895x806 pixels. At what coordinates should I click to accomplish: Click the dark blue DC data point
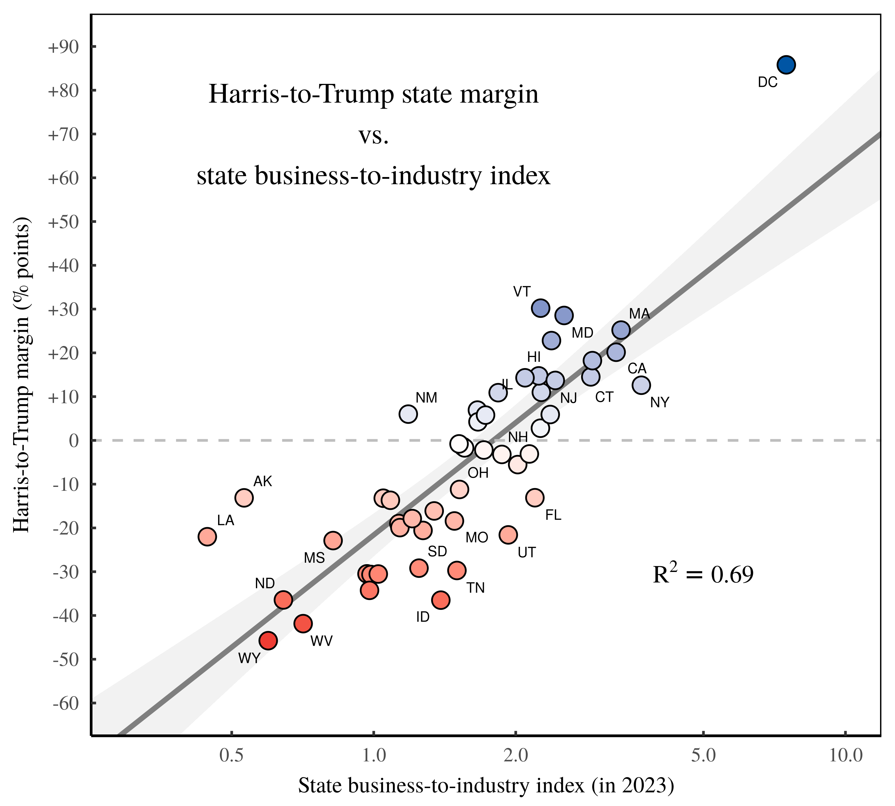pyautogui.click(x=786, y=65)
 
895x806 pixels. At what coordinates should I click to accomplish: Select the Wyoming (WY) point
pyautogui.click(x=268, y=640)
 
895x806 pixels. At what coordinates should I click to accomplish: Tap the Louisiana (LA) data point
pyautogui.click(x=207, y=537)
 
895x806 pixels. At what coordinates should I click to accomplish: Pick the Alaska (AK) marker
pyautogui.click(x=244, y=498)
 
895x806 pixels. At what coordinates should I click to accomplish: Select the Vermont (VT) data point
pyautogui.click(x=541, y=308)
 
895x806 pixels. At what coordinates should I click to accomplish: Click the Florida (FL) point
pyautogui.click(x=535, y=497)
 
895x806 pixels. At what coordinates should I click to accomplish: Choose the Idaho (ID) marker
pyautogui.click(x=441, y=600)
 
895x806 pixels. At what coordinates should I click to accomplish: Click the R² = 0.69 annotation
pyautogui.click(x=703, y=574)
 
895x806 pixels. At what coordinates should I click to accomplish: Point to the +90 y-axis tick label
pyautogui.click(x=63, y=47)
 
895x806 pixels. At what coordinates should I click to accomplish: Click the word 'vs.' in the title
pyautogui.click(x=374, y=136)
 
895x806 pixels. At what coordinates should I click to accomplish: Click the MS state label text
pyautogui.click(x=314, y=558)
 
